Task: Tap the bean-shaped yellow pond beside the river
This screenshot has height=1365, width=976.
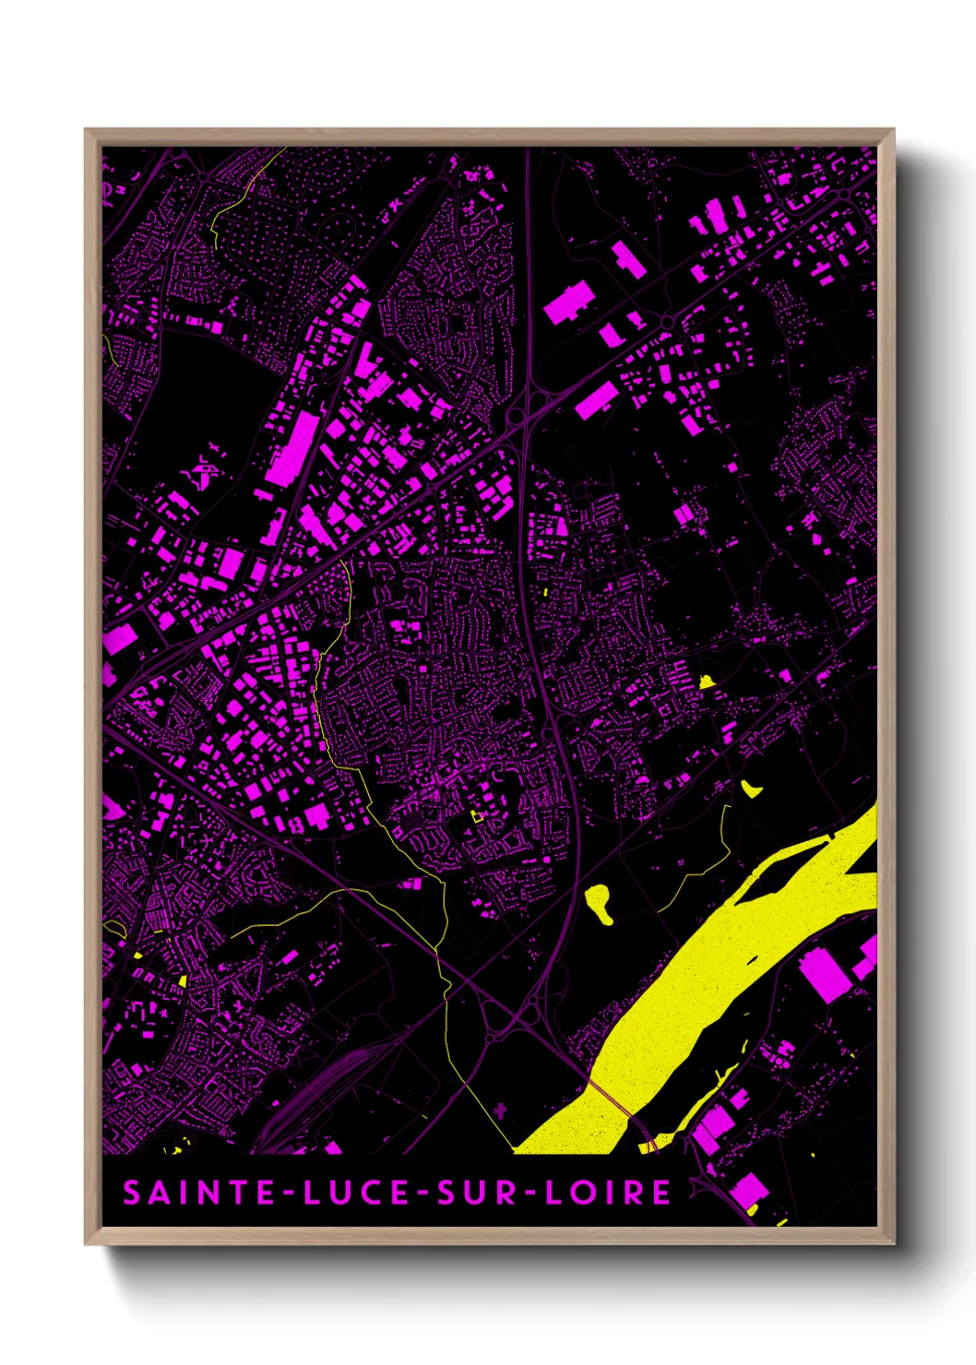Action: (600, 902)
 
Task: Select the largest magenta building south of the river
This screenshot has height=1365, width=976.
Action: (825, 974)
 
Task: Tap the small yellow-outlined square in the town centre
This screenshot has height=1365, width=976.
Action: (477, 815)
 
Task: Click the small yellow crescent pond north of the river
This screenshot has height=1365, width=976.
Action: (750, 789)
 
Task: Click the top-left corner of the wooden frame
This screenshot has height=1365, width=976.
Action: (88, 133)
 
